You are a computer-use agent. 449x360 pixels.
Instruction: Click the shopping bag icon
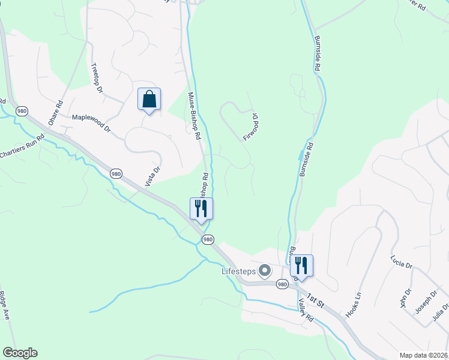tap(149, 99)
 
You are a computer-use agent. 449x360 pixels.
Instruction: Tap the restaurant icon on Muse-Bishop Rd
tap(201, 209)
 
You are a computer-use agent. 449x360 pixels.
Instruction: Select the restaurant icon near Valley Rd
tap(301, 265)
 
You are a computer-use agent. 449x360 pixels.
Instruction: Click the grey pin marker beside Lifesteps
tap(264, 272)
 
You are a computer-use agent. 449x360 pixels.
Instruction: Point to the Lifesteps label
tap(238, 272)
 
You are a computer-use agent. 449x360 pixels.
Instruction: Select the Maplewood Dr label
tap(91, 123)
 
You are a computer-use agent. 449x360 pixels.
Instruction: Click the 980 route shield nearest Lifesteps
tap(282, 284)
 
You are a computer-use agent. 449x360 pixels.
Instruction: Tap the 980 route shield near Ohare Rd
tap(22, 111)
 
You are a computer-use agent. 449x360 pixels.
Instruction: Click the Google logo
tap(20, 353)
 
